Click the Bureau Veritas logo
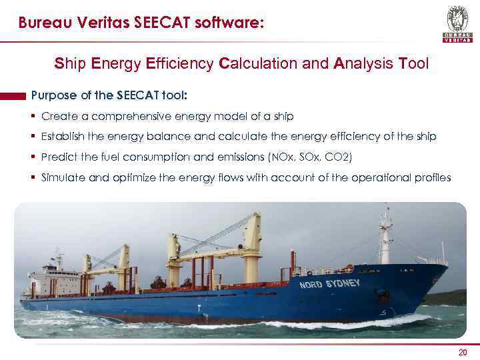point(457,23)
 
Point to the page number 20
point(463,353)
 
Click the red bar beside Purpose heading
point(13,95)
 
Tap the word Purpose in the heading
point(56,95)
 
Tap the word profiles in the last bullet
point(432,178)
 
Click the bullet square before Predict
point(33,157)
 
